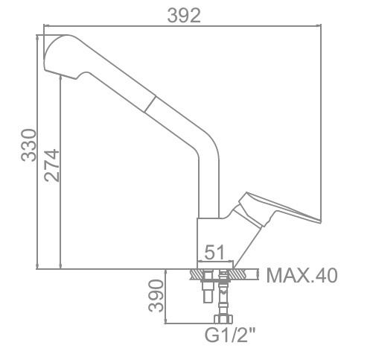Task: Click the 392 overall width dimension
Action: point(184,16)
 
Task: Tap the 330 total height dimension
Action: point(29,145)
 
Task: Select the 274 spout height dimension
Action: point(52,165)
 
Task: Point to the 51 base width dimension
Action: point(214,252)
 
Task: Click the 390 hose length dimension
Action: point(156,296)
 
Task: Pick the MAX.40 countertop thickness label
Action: point(302,276)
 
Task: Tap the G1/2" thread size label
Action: point(230,335)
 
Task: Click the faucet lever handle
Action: point(275,209)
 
